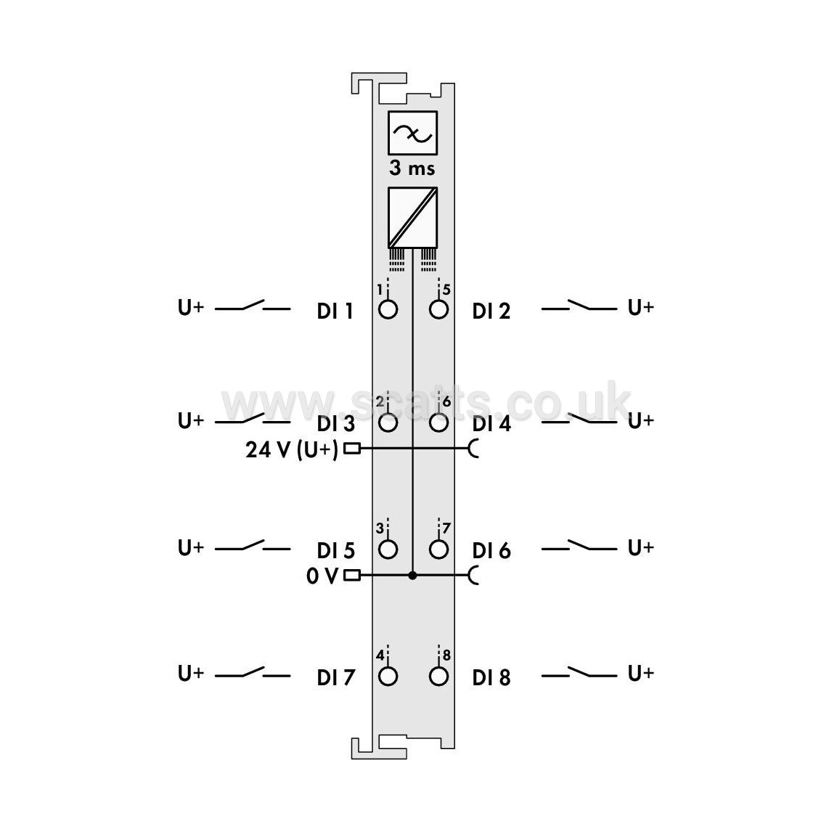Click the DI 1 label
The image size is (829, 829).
click(x=335, y=311)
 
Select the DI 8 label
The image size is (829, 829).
click(x=491, y=677)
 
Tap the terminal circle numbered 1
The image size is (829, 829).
click(x=388, y=309)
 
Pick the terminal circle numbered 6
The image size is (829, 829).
click(x=439, y=422)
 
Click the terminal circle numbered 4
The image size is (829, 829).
click(x=388, y=677)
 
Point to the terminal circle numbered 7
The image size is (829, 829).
click(x=439, y=550)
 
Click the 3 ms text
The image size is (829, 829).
click(x=412, y=168)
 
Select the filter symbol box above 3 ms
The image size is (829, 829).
click(x=412, y=133)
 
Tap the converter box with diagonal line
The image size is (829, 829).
click(x=412, y=217)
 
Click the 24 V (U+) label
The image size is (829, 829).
click(x=291, y=449)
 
